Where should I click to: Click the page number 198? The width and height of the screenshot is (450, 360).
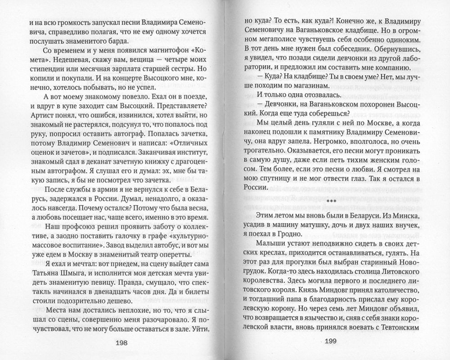121,342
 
